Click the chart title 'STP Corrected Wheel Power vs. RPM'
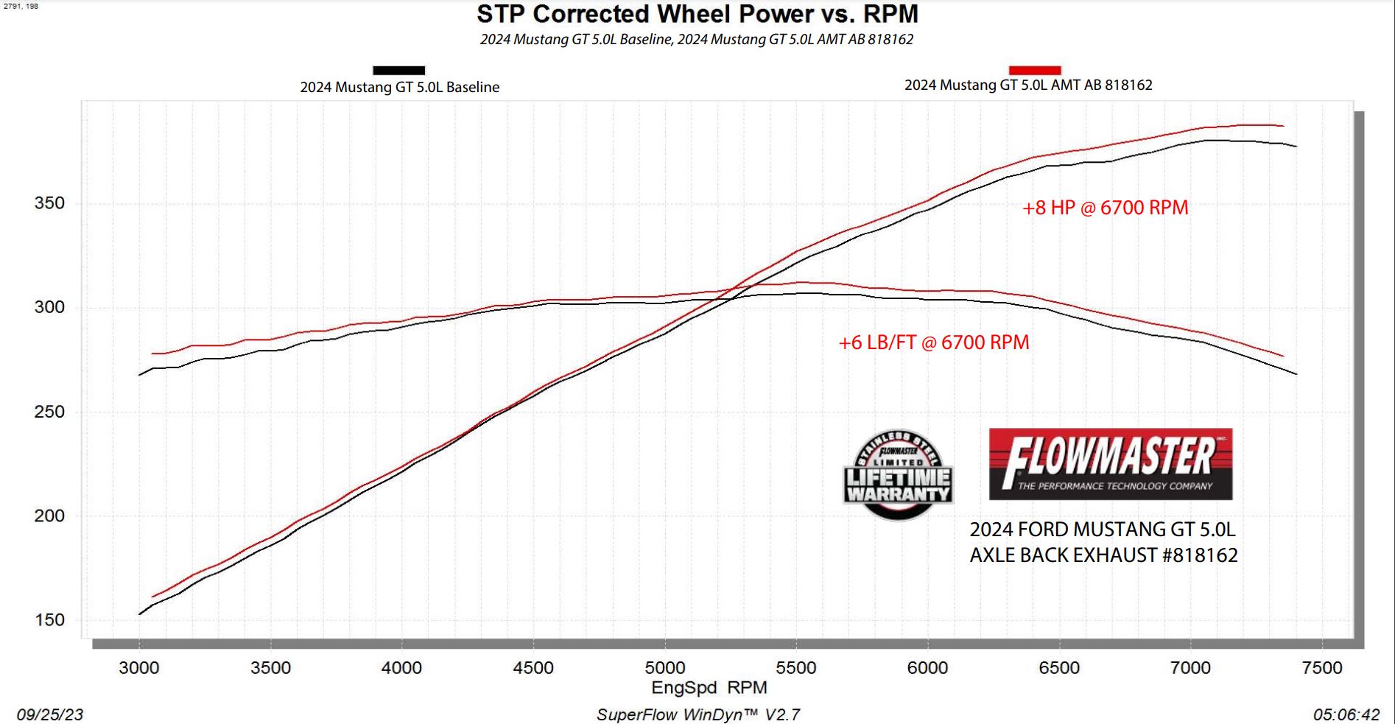point(697,14)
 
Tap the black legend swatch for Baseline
point(398,71)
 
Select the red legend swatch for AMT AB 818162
point(1034,70)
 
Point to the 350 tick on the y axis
point(49,203)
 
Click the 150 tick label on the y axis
point(49,620)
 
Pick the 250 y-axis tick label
point(49,412)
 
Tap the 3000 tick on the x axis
point(139,668)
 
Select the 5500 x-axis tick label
point(796,668)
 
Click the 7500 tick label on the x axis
point(1322,668)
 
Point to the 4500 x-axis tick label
point(533,668)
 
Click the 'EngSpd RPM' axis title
point(709,688)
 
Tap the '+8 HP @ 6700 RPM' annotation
point(1105,208)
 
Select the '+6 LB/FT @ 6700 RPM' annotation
point(933,342)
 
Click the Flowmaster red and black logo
point(1110,464)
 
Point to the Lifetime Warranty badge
point(898,475)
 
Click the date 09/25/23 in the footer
point(50,714)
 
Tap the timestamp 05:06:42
point(1346,714)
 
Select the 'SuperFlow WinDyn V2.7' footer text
point(697,714)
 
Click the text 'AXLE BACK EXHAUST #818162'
point(1103,555)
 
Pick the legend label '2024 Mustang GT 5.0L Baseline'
point(399,87)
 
